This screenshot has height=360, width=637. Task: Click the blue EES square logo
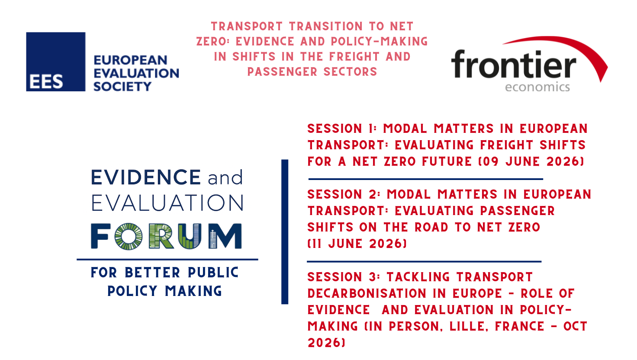[x=56, y=62]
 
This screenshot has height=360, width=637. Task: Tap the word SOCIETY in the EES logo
[x=122, y=87]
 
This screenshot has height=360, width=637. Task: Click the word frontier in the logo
[x=514, y=64]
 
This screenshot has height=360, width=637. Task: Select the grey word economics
[x=537, y=87]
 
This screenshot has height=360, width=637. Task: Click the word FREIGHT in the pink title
[x=354, y=56]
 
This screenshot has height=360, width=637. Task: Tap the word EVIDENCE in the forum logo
[x=146, y=177]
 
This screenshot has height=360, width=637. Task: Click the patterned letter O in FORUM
[x=129, y=236]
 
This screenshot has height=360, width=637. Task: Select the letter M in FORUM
[x=225, y=236]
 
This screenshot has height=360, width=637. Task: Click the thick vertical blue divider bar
[x=285, y=232]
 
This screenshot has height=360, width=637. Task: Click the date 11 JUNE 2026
[x=357, y=244]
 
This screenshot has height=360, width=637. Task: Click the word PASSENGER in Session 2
[x=518, y=211]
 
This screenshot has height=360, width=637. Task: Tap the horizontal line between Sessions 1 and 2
[x=426, y=179]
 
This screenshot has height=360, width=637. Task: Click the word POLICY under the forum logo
[x=132, y=291]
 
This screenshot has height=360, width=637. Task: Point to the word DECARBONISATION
[x=367, y=293]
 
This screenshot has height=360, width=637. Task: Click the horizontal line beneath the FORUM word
[x=167, y=259]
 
